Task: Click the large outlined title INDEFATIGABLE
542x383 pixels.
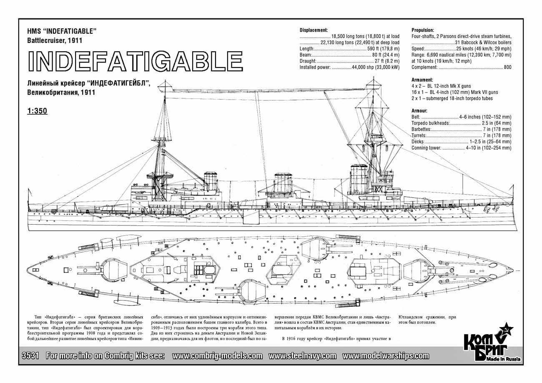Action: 135,61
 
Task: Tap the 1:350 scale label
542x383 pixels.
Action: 37,111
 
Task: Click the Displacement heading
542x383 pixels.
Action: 314,30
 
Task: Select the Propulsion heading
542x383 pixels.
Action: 423,30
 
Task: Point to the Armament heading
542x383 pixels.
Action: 422,80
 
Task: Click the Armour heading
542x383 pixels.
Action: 419,111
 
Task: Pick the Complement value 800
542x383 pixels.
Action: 507,67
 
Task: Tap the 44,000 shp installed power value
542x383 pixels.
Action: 376,67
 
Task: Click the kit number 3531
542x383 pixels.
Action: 30,355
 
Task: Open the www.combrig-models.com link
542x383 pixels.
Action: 217,356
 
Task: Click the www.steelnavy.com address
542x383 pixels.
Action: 302,356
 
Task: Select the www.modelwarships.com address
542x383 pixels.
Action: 386,356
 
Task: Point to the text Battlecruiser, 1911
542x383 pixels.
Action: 55,40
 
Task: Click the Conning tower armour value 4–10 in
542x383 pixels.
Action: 489,148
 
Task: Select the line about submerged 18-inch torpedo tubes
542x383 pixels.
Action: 452,98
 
